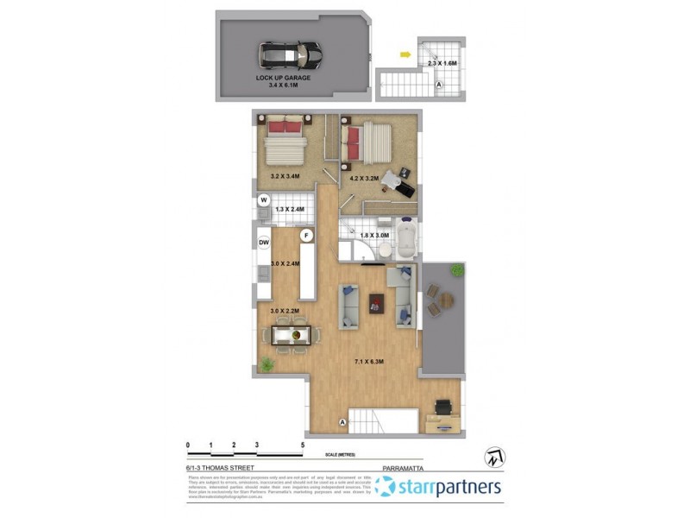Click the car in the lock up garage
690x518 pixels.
click(x=290, y=56)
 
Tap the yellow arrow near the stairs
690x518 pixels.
click(x=404, y=55)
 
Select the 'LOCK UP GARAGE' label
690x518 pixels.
click(x=283, y=78)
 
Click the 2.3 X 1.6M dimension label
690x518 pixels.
click(x=442, y=62)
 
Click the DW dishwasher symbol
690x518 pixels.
click(x=264, y=243)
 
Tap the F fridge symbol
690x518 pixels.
click(x=304, y=235)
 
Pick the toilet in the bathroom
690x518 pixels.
click(x=384, y=248)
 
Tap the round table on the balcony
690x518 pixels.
click(x=443, y=300)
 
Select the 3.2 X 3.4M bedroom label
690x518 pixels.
click(x=285, y=176)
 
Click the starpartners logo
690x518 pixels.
click(x=438, y=486)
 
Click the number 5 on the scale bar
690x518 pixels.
click(x=302, y=445)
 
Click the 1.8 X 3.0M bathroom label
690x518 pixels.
click(x=374, y=235)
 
